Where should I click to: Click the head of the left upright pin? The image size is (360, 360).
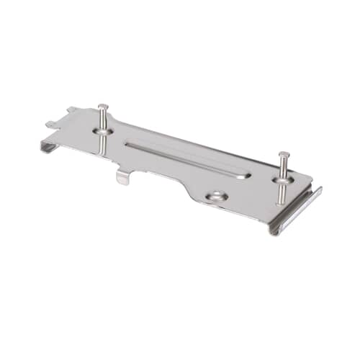pyautogui.click(x=104, y=107)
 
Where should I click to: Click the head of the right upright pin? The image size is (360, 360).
pyautogui.click(x=283, y=155)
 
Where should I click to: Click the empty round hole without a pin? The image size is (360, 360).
pyautogui.click(x=215, y=196)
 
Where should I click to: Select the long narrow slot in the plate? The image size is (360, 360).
pyautogui.click(x=187, y=159)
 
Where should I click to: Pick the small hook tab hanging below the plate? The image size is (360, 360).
pyautogui.click(x=123, y=175)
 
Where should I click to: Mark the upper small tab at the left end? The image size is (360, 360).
pyautogui.click(x=73, y=110)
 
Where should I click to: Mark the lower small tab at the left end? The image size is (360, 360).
pyautogui.click(x=50, y=124)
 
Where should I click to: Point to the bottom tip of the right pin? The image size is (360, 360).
pyautogui.click(x=282, y=202)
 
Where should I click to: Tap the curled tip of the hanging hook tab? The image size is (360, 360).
pyautogui.click(x=122, y=182)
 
